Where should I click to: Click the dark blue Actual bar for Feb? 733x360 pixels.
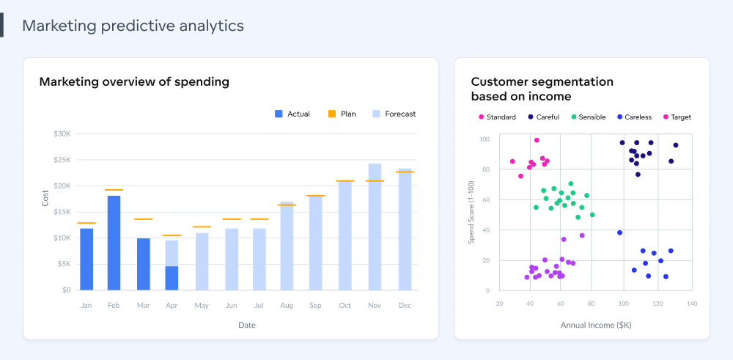[x=114, y=243]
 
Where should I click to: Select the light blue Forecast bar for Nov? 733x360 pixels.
[x=375, y=227]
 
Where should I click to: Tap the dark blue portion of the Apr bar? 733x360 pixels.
[x=172, y=278]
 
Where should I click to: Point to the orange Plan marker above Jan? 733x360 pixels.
[x=86, y=223]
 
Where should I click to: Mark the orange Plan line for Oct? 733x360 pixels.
[x=345, y=181]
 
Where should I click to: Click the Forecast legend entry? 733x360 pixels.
[x=394, y=114]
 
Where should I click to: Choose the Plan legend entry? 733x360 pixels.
[x=342, y=114]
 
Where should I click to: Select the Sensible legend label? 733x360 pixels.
[x=592, y=117]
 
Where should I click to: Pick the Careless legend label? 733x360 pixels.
[x=637, y=117]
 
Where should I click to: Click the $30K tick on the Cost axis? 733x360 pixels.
[x=62, y=134]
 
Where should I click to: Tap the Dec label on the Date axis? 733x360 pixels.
[x=404, y=305]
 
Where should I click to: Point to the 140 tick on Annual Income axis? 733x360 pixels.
[x=691, y=303]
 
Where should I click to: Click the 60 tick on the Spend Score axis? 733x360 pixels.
[x=485, y=200]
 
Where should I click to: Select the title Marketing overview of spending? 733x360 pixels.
[x=134, y=82]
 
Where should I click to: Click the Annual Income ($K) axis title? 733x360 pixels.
[x=595, y=324]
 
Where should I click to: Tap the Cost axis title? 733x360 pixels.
[x=45, y=197]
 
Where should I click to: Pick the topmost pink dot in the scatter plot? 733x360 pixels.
[x=537, y=140]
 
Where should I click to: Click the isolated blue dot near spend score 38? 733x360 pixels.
[x=619, y=232]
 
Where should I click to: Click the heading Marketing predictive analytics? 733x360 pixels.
[x=133, y=26]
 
